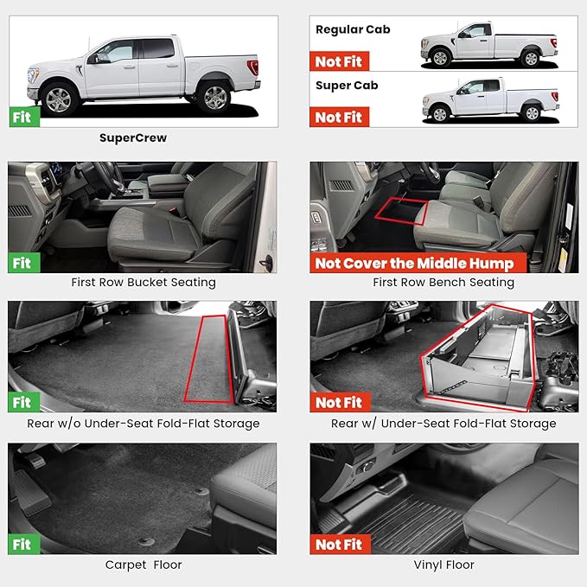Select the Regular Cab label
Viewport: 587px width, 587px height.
pos(353,29)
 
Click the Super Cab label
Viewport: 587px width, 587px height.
pos(347,86)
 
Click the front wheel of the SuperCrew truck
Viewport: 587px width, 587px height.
pos(58,99)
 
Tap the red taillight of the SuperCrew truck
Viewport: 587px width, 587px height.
pos(252,67)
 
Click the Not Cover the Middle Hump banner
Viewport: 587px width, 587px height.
pos(414,264)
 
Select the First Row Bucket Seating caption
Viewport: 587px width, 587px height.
pos(144,282)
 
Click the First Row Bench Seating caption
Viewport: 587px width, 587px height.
pos(443,282)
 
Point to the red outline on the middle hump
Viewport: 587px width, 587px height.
pos(402,209)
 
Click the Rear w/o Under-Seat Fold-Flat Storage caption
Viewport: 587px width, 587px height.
pos(143,423)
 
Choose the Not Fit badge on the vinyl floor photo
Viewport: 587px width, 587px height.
pos(339,545)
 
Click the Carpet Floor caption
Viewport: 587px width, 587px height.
pos(143,565)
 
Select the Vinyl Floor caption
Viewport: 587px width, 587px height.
pos(443,565)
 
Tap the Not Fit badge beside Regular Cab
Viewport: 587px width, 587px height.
pos(339,61)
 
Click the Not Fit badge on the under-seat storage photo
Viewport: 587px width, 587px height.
pos(339,402)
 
